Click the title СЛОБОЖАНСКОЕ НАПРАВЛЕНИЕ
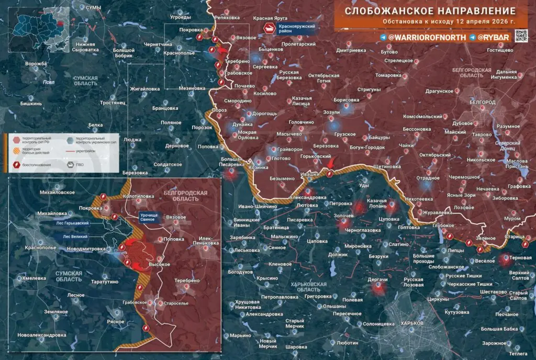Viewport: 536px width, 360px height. [430, 11]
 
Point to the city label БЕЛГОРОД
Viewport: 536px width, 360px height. [482, 102]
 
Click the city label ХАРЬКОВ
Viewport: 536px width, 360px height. [411, 323]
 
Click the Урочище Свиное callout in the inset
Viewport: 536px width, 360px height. [152, 218]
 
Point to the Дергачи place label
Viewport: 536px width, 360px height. [377, 280]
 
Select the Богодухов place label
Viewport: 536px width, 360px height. [241, 272]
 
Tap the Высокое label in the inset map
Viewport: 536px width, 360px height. [159, 265]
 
